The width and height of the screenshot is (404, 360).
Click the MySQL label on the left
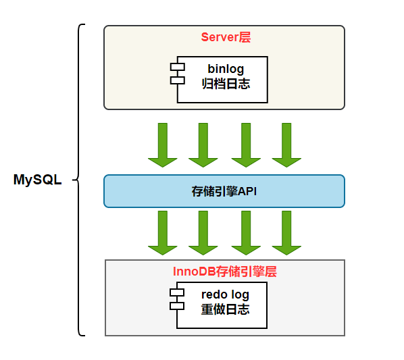click(x=37, y=180)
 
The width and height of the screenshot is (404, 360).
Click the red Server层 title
click(x=226, y=37)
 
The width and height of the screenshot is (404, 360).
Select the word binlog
click(x=226, y=69)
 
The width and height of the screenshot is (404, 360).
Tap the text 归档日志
click(x=226, y=84)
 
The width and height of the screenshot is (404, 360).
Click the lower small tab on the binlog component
click(x=177, y=80)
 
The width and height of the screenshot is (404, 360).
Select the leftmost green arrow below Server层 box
click(x=163, y=145)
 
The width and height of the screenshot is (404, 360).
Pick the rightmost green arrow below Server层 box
click(x=286, y=145)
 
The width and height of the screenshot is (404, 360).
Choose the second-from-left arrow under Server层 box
click(x=203, y=145)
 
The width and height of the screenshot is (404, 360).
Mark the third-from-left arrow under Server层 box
click(x=246, y=145)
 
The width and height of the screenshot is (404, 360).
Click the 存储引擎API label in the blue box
click(x=224, y=191)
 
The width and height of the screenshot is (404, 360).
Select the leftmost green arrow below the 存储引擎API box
click(x=163, y=232)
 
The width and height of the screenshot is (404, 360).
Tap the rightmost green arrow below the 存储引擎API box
click(x=286, y=232)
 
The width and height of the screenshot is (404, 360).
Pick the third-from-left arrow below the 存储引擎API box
click(x=246, y=232)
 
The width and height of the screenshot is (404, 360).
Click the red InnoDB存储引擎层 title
click(x=226, y=272)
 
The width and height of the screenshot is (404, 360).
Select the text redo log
click(x=225, y=294)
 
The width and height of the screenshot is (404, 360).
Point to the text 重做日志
click(x=225, y=310)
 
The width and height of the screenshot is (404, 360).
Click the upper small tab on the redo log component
click(x=177, y=292)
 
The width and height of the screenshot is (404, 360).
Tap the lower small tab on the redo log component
click(x=177, y=305)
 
